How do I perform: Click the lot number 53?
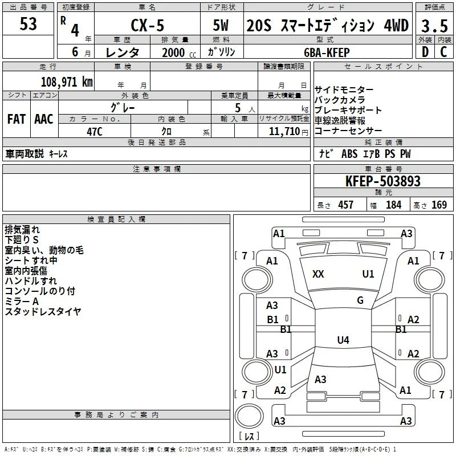(x=28, y=24)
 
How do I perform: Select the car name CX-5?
(x=148, y=25)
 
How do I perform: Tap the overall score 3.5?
(x=434, y=26)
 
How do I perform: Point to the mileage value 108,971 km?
(x=67, y=82)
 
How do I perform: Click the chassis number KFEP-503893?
(x=383, y=181)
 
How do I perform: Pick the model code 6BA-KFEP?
(x=327, y=52)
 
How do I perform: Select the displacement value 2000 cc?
(x=179, y=52)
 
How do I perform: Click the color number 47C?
(x=95, y=132)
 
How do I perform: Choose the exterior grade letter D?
(x=425, y=52)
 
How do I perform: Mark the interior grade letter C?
(x=443, y=52)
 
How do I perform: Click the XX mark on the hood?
(x=318, y=274)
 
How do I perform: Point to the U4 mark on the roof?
(x=343, y=340)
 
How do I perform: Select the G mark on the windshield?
(x=360, y=300)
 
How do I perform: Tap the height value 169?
(x=439, y=205)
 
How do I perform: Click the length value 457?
(x=346, y=205)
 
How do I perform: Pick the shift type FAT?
(x=17, y=119)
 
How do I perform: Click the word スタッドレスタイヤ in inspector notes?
(x=43, y=311)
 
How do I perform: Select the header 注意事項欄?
(x=157, y=169)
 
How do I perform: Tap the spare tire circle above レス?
(x=249, y=416)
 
